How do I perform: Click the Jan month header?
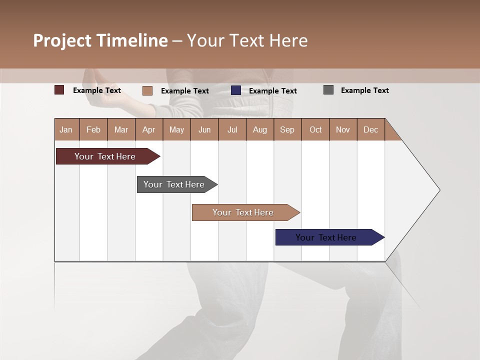(x=66, y=129)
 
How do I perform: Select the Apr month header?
(x=149, y=129)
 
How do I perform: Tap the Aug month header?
(x=260, y=129)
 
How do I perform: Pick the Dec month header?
(x=371, y=129)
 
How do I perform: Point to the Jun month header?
(x=204, y=129)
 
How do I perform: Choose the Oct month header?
(x=315, y=129)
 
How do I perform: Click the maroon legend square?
(x=59, y=90)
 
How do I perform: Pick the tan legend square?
(x=147, y=90)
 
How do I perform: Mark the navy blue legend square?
(x=236, y=90)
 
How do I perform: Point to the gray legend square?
(x=328, y=90)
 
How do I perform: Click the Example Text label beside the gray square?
(x=365, y=90)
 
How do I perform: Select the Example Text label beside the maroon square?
(x=97, y=90)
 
